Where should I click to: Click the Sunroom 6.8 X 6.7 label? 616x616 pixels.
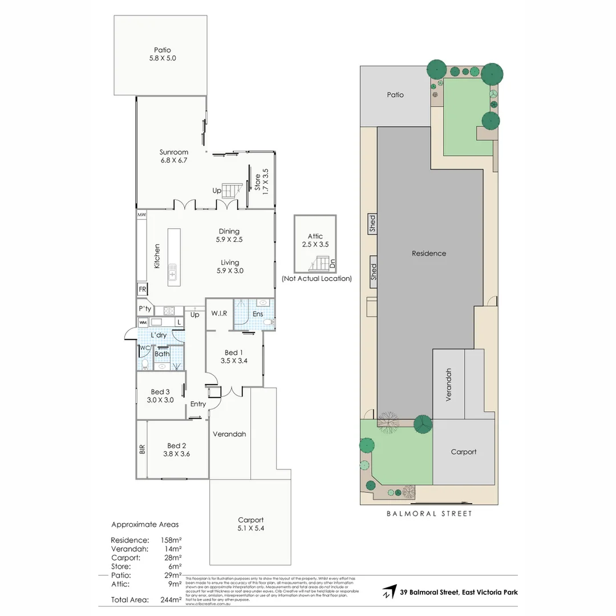174,156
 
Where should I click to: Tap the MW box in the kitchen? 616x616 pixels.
141,215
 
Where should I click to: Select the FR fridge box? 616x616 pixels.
142,289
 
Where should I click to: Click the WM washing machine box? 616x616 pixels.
143,323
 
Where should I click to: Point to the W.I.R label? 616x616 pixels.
220,313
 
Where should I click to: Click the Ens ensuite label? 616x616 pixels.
258,314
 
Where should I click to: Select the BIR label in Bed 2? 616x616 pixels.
142,449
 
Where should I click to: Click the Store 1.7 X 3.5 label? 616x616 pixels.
261,179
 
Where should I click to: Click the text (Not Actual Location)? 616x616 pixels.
317,279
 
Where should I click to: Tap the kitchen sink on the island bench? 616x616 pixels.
172,275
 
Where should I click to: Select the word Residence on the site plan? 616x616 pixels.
429,253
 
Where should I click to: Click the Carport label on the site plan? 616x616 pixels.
463,452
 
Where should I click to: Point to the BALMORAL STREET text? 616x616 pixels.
429,513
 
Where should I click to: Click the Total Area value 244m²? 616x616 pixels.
171,599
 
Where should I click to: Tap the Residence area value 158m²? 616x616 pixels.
171,540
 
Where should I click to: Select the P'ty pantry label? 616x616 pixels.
144,309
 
